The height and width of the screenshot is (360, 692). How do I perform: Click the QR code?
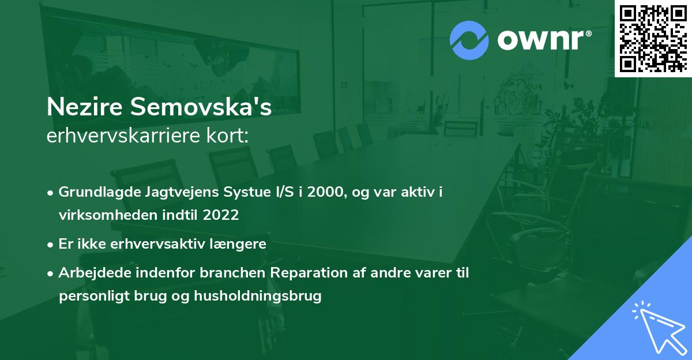[x=653, y=38]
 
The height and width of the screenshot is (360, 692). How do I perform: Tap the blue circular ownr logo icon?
[x=469, y=40]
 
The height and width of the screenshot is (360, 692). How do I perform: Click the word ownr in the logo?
[x=543, y=40]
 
